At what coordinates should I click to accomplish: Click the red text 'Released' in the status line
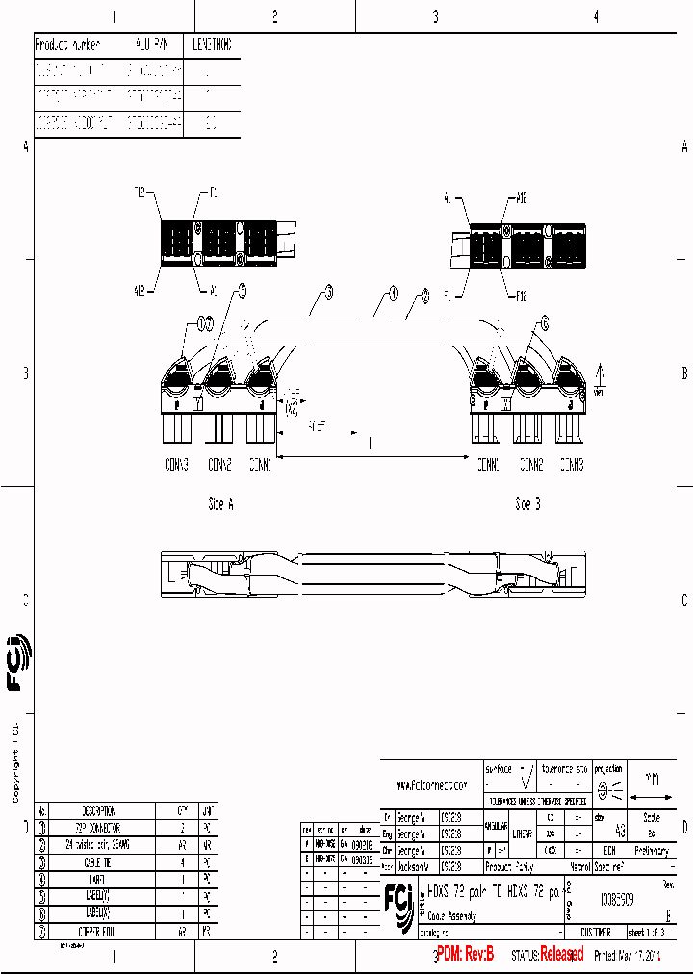pos(561,954)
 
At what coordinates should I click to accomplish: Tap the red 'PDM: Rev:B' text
pos(465,954)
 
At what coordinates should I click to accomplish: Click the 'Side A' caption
pos(220,503)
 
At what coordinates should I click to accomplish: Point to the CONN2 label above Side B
pos(531,465)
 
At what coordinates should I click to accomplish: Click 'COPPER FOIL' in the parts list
pos(101,932)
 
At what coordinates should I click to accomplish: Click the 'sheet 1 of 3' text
pos(654,933)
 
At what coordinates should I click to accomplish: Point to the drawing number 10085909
pos(617,902)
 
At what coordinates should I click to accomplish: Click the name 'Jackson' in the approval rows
pos(417,866)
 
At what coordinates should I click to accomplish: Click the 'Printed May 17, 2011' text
pos(629,955)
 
